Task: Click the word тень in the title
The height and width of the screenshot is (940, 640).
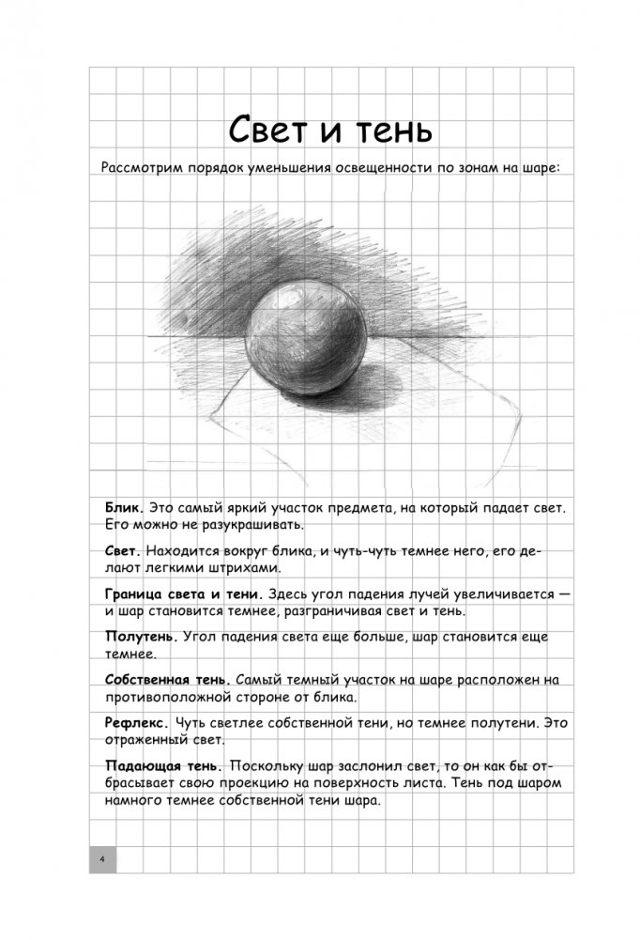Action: pyautogui.click(x=385, y=130)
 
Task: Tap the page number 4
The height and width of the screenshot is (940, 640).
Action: pyautogui.click(x=102, y=860)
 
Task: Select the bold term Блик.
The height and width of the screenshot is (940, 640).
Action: pyautogui.click(x=123, y=507)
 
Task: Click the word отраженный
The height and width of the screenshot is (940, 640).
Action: pyautogui.click(x=153, y=740)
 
